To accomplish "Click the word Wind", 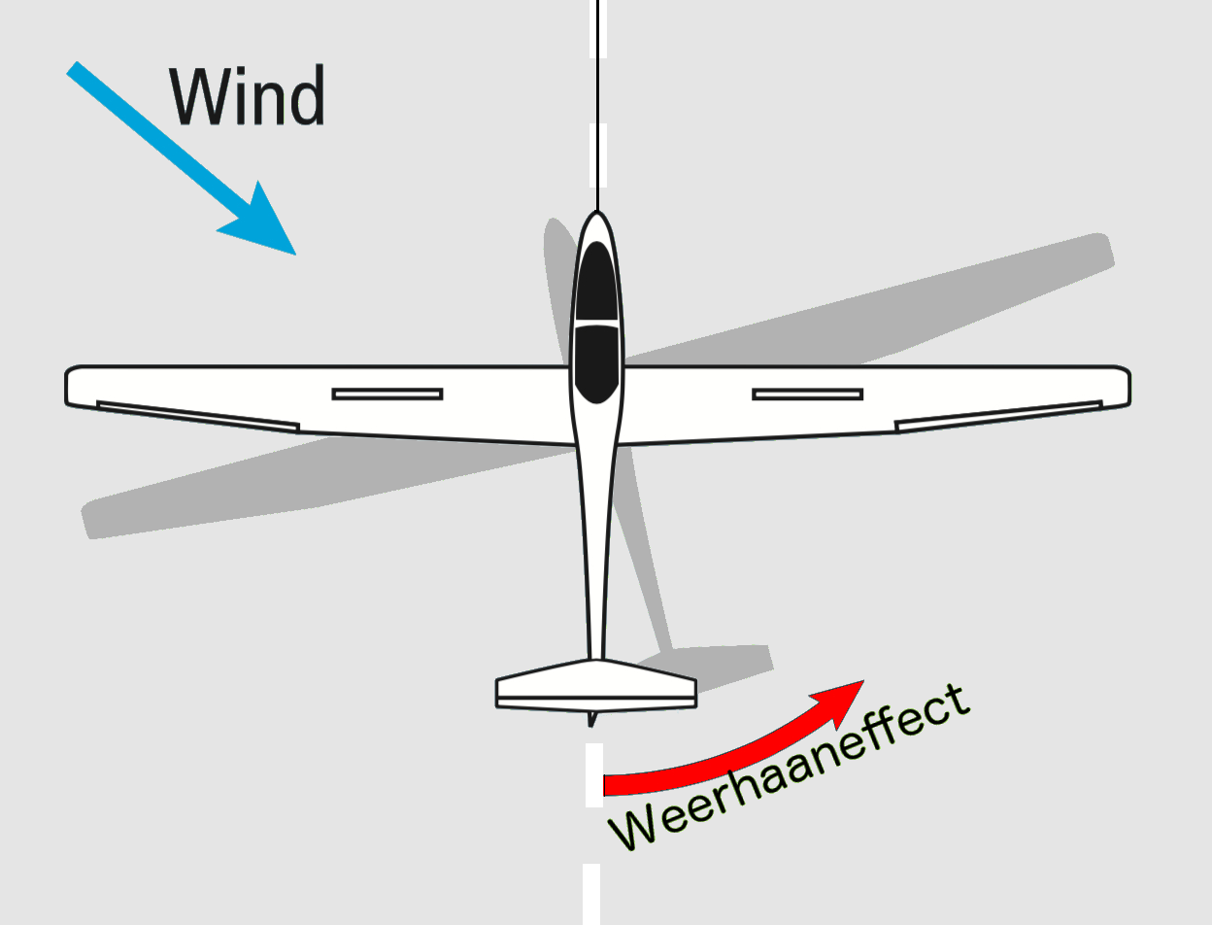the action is click(x=247, y=95).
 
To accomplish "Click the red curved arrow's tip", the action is click(x=863, y=681).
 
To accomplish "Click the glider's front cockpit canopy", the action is click(x=597, y=282).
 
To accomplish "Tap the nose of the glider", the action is click(x=597, y=213).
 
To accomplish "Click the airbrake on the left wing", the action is click(x=387, y=394).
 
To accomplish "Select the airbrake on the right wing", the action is click(x=808, y=394).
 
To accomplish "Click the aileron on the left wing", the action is click(x=198, y=417).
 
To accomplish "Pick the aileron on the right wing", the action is click(x=998, y=417).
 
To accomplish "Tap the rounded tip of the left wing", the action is click(x=67, y=386).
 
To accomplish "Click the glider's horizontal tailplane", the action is click(x=596, y=685).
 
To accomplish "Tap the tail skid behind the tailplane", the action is click(x=592, y=719).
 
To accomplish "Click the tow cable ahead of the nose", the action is click(x=598, y=105).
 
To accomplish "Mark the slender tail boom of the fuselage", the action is click(x=597, y=552).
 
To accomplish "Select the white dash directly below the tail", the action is click(x=594, y=775).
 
